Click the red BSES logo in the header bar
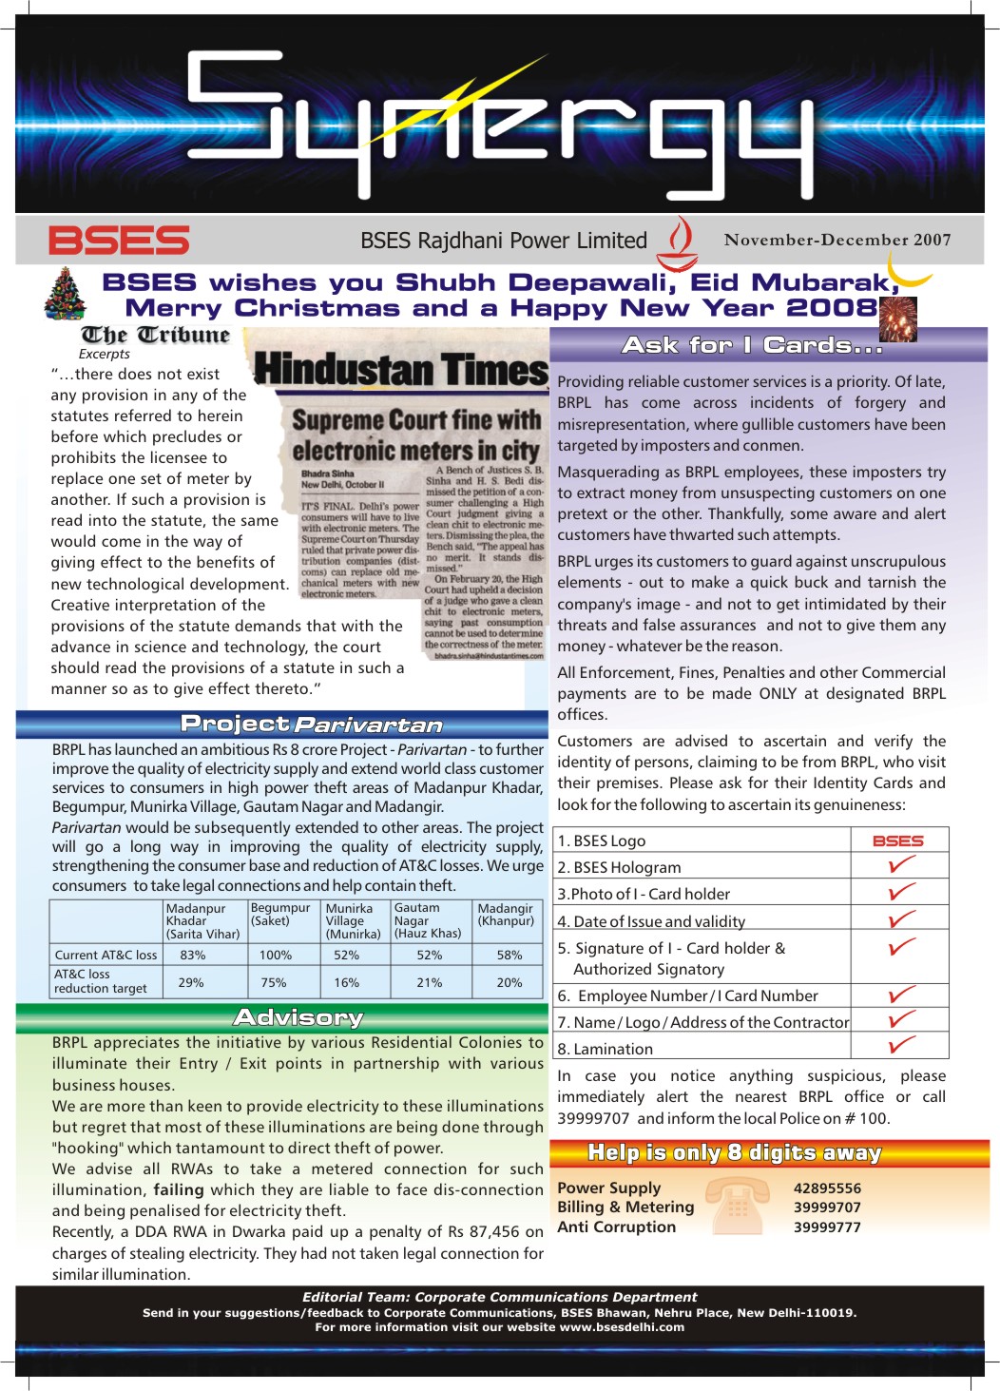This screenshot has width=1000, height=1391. [x=119, y=241]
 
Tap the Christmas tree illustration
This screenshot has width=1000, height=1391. [x=66, y=293]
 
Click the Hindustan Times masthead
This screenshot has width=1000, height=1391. [x=401, y=369]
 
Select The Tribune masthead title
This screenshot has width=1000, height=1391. [x=156, y=335]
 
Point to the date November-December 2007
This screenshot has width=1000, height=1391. [x=837, y=240]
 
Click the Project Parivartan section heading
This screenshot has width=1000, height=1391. [x=312, y=724]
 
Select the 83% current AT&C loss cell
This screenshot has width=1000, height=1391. [x=192, y=955]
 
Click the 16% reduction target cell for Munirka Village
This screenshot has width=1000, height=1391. [x=346, y=982]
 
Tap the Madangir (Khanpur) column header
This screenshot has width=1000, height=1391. [x=506, y=915]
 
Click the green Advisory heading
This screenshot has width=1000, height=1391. [x=298, y=1018]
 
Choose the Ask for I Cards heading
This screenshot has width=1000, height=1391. [x=752, y=345]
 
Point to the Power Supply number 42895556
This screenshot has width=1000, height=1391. [x=827, y=1188]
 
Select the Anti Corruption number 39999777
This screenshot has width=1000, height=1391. [x=827, y=1227]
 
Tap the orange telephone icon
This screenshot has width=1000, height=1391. [x=739, y=1206]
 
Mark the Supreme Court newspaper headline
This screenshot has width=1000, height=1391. [x=415, y=435]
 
